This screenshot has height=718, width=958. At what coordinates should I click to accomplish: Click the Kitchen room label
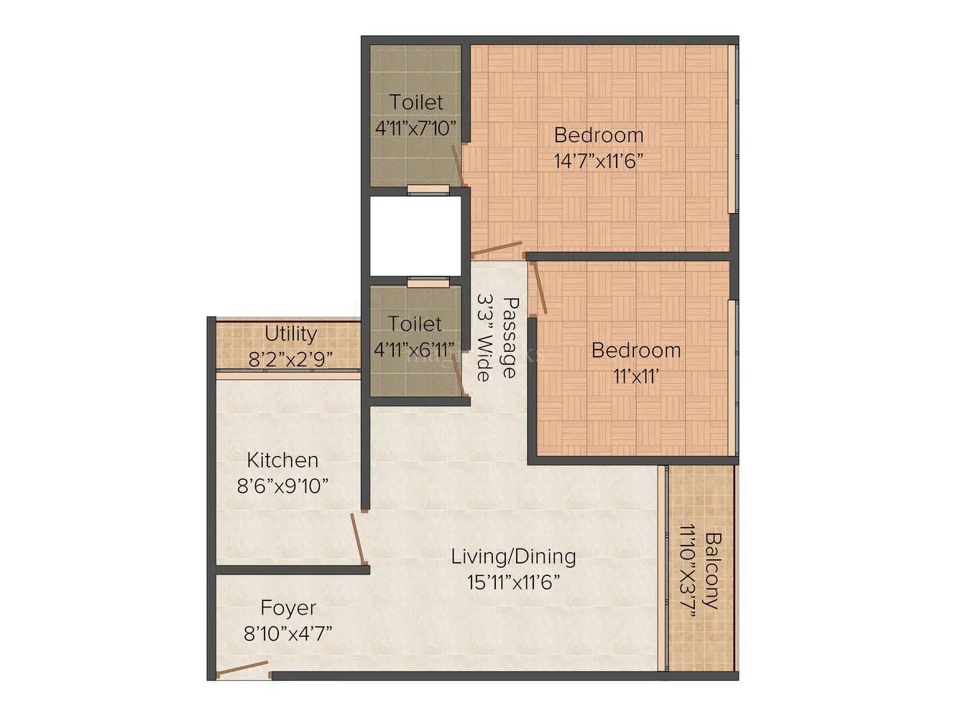[x=282, y=460]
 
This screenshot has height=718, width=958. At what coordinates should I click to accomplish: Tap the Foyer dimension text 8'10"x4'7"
[x=287, y=634]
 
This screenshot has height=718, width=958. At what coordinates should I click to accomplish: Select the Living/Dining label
[x=513, y=556]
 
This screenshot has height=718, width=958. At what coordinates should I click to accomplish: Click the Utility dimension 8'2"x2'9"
[x=290, y=359]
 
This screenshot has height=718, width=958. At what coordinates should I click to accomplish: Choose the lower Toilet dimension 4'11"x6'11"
[x=415, y=350]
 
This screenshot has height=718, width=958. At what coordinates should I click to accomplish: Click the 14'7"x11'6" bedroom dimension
[x=598, y=160]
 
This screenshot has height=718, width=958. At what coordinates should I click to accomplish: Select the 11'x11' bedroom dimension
[x=635, y=376]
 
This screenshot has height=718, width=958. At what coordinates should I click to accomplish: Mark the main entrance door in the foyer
[x=242, y=670]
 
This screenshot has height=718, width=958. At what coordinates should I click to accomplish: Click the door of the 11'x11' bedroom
[x=539, y=287]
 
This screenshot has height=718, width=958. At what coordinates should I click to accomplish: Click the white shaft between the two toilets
[x=415, y=235]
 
